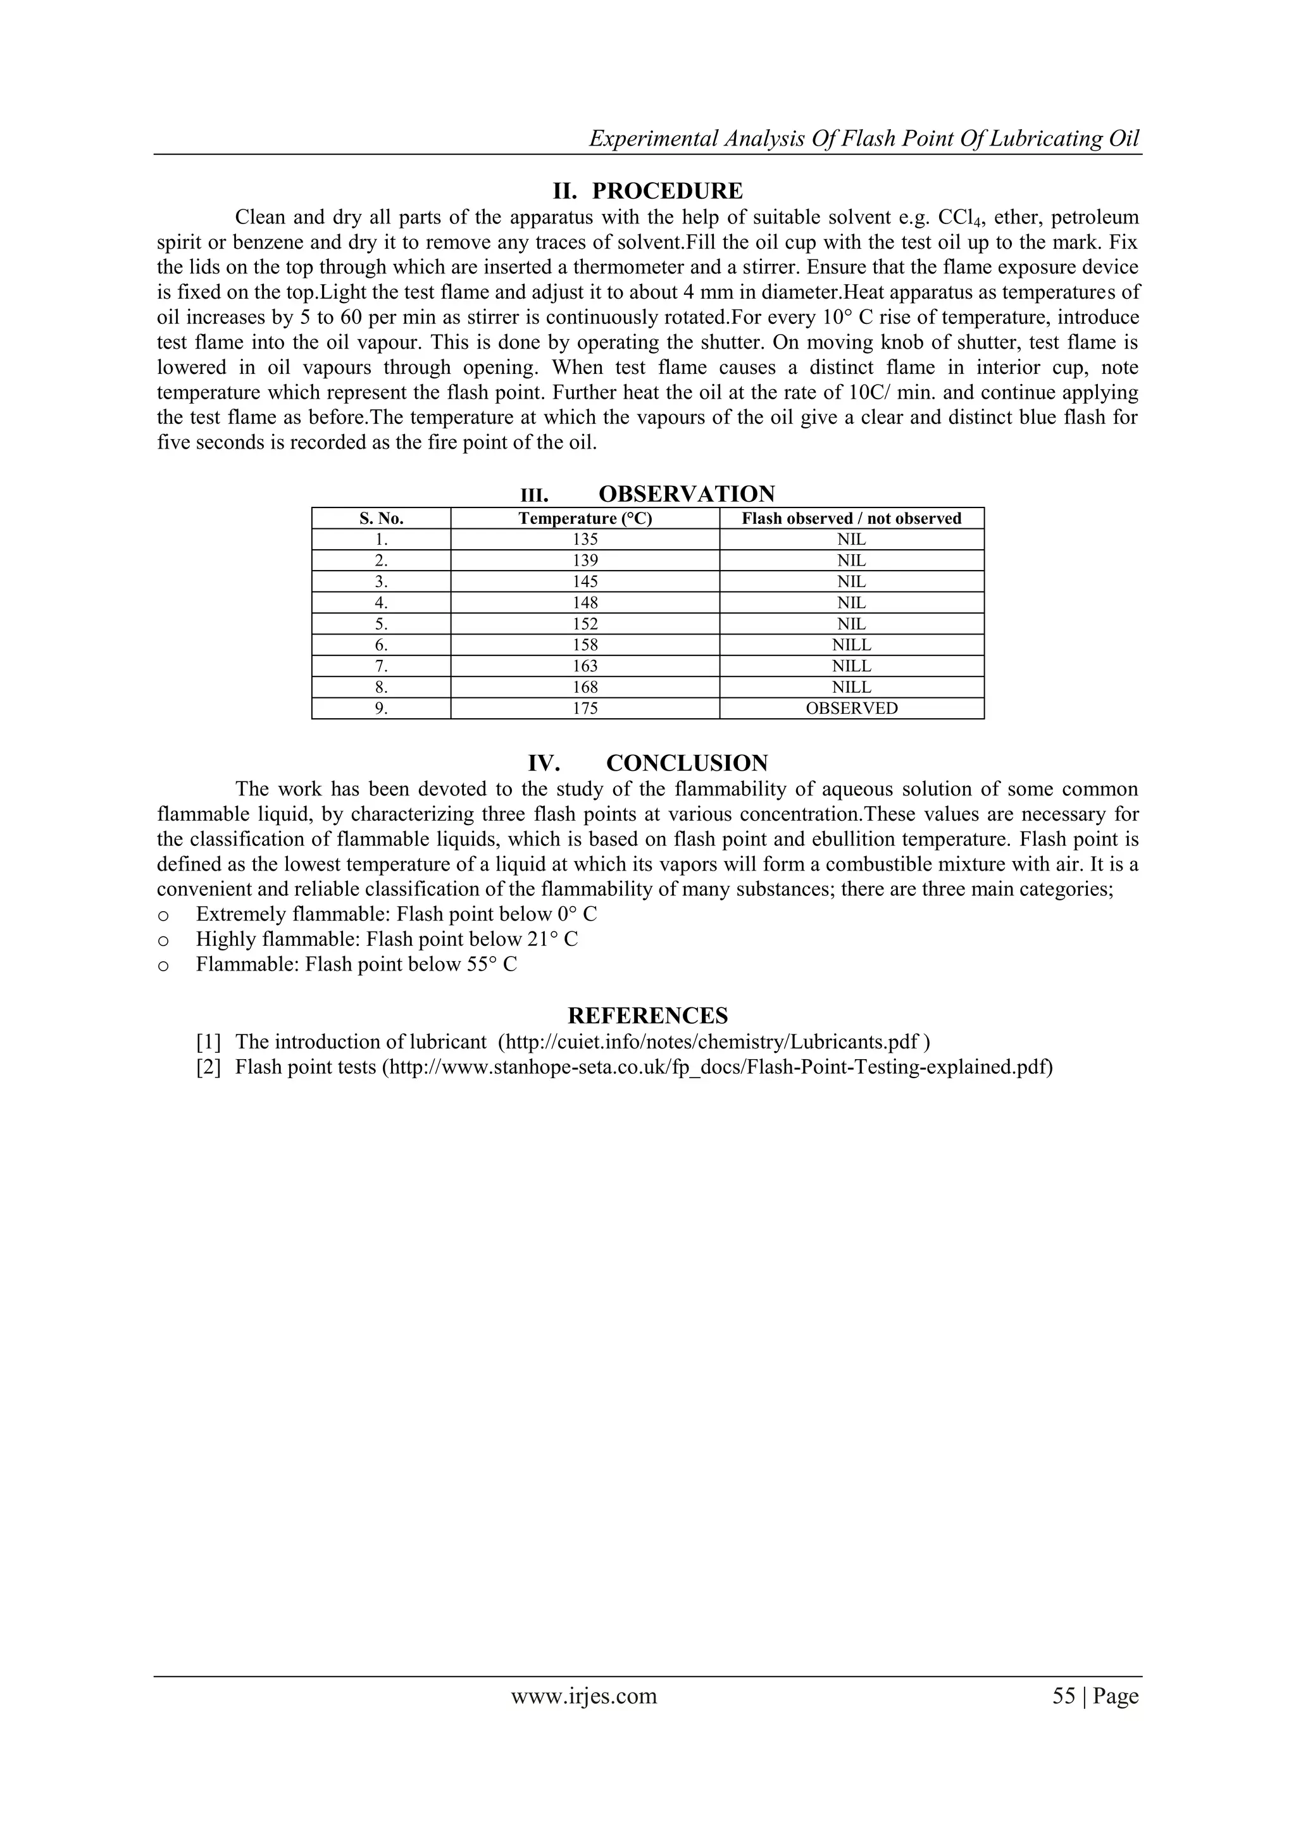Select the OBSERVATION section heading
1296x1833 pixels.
pyautogui.click(x=686, y=494)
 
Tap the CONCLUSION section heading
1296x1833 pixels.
pyautogui.click(x=687, y=762)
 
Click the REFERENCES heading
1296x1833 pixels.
pyautogui.click(x=647, y=1016)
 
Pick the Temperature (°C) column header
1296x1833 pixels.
pyautogui.click(x=585, y=518)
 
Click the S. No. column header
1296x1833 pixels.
pyautogui.click(x=381, y=518)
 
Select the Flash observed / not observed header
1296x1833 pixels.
pyautogui.click(x=851, y=518)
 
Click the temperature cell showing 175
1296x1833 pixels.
pyautogui.click(x=585, y=708)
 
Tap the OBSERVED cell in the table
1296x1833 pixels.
pyautogui.click(x=851, y=708)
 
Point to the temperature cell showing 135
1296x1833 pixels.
pyautogui.click(x=585, y=539)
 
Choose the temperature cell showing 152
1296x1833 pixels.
pyautogui.click(x=585, y=623)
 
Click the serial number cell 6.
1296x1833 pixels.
pyautogui.click(x=381, y=645)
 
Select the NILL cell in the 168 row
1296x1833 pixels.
pyautogui.click(x=851, y=687)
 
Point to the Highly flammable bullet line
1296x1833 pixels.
pyautogui.click(x=387, y=939)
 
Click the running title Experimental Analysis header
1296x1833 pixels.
pyautogui.click(x=864, y=139)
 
